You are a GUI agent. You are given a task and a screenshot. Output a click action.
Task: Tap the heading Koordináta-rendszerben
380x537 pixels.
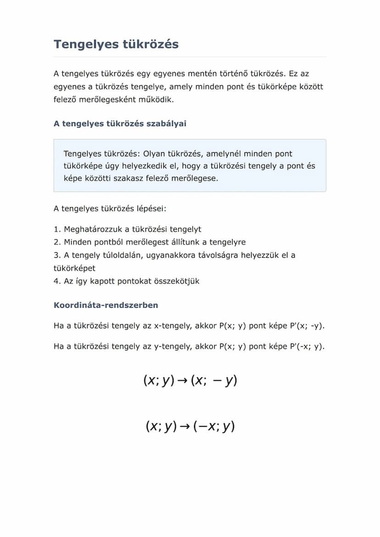pos(106,305)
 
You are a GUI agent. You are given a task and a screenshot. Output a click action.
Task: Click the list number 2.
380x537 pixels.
pos(56,242)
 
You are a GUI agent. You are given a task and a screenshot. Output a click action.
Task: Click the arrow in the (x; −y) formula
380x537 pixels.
pos(183,381)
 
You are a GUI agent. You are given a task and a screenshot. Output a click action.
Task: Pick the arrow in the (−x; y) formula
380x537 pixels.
pos(185,427)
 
